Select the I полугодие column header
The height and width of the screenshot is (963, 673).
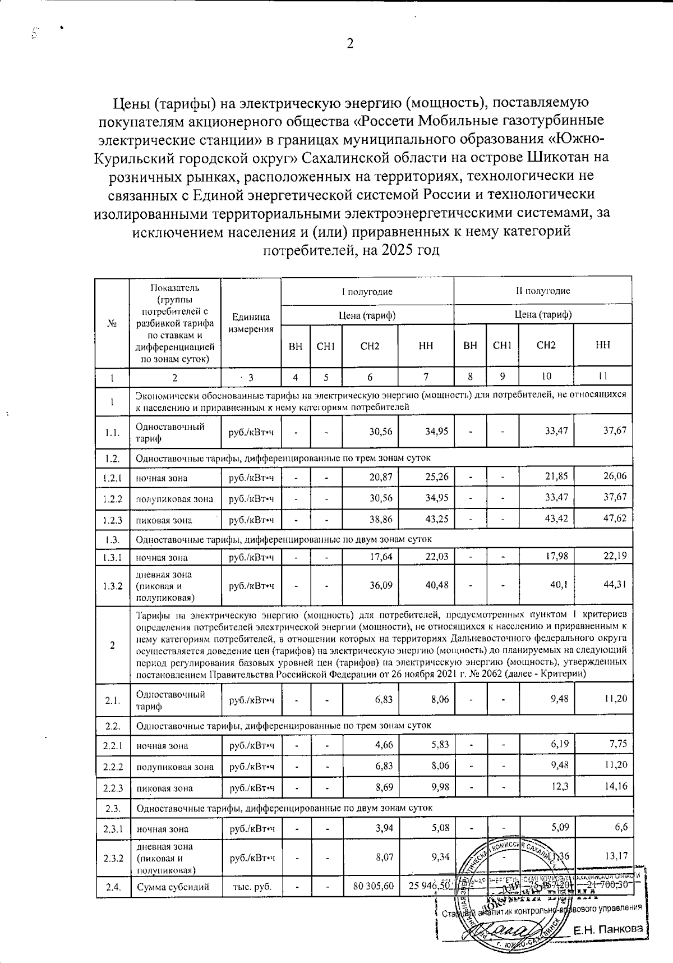367,291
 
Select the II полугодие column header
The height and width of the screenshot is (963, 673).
543,291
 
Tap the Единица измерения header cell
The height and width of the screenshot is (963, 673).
251,323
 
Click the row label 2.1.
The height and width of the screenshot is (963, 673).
113,700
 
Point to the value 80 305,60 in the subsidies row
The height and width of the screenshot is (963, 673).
370,886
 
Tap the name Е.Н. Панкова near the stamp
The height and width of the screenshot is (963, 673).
608,929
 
